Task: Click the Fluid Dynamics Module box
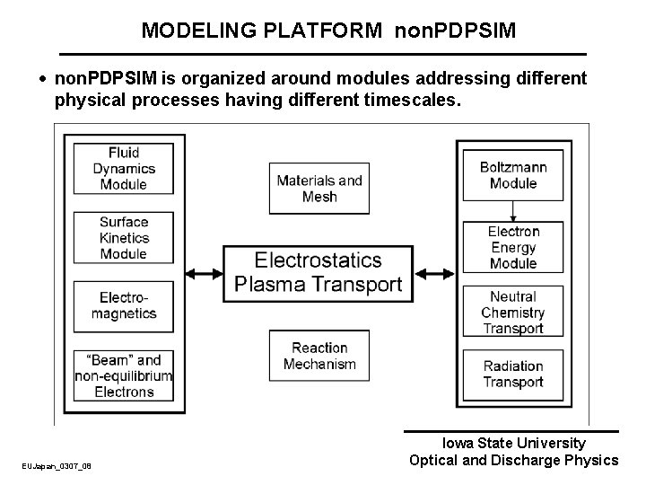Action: click(x=124, y=169)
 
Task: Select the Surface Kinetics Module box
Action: click(x=124, y=238)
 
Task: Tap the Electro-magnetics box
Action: click(x=124, y=306)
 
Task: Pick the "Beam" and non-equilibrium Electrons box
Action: click(x=124, y=375)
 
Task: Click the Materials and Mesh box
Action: click(x=319, y=189)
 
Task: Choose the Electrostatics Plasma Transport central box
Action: click(x=319, y=272)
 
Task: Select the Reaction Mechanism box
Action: click(x=319, y=357)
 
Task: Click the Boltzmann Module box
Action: click(x=513, y=175)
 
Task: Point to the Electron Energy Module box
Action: click(x=513, y=247)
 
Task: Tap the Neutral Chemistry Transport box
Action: click(x=513, y=312)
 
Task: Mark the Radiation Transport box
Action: click(x=513, y=375)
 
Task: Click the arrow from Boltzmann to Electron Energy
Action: click(x=513, y=210)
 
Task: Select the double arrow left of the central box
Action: click(x=204, y=273)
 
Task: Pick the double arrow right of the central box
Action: click(x=434, y=273)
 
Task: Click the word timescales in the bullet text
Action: click(x=410, y=101)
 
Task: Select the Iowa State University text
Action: click(x=513, y=443)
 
